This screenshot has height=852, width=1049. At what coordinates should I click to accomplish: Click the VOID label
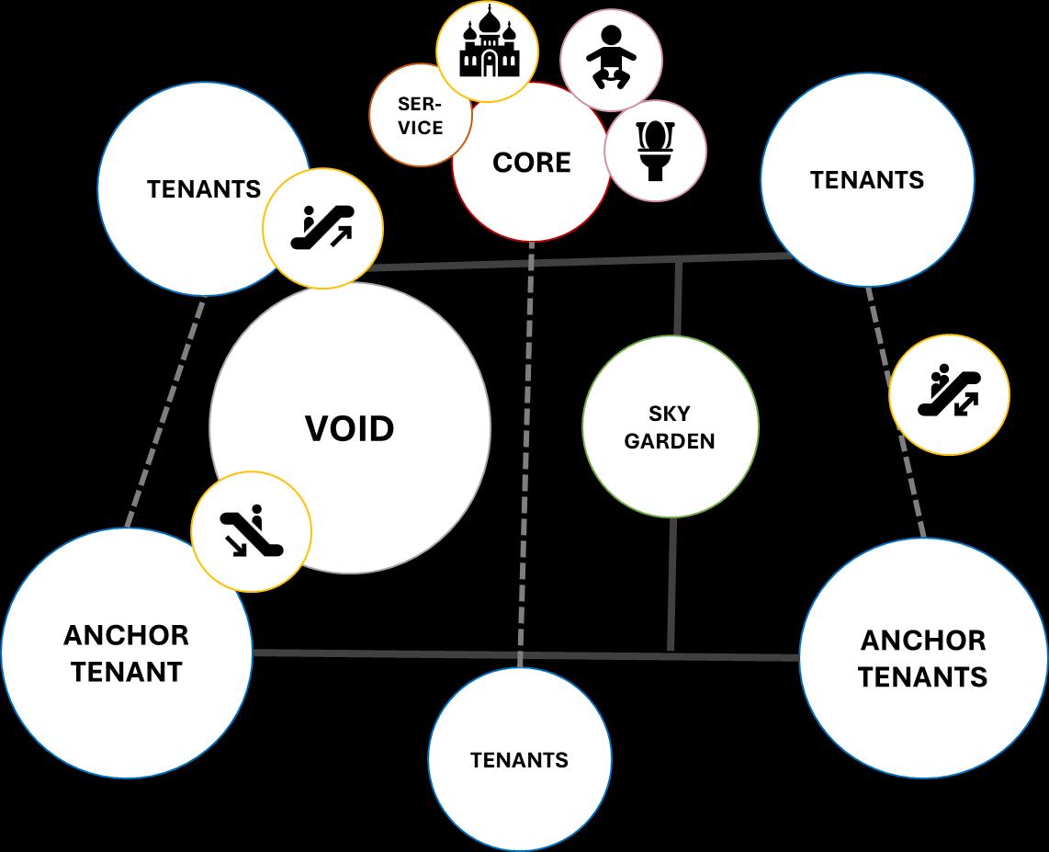[350, 428]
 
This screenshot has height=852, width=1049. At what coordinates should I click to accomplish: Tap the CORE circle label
[531, 163]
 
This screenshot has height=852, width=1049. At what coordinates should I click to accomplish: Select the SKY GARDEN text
[670, 427]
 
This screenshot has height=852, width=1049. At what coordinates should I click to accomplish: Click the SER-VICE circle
[420, 116]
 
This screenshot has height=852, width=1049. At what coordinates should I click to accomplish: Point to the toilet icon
[656, 151]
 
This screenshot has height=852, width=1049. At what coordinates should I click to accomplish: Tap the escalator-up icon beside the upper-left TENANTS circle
[322, 228]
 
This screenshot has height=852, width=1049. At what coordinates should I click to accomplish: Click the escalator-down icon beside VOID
[251, 532]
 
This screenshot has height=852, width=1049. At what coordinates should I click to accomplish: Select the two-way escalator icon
[949, 394]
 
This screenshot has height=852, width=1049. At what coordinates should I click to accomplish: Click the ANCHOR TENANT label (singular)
[126, 653]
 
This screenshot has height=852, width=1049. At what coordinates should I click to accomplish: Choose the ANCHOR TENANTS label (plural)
[922, 658]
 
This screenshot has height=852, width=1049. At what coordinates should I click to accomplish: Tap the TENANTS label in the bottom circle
[519, 760]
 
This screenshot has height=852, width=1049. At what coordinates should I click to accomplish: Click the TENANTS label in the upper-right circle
[866, 179]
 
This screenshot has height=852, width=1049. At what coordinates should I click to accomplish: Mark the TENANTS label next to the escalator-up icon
[204, 189]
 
